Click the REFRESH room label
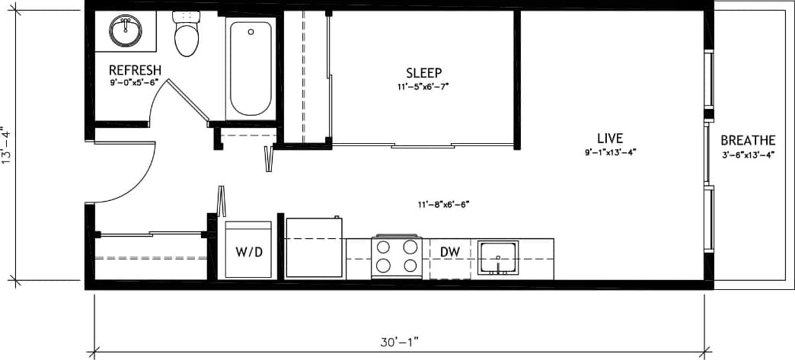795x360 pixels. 135,70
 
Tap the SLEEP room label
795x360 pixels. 423,73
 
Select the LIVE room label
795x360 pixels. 610,139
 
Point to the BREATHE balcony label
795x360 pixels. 748,141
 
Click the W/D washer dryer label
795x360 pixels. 248,252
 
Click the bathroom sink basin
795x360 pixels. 126,31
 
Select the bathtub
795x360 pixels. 249,68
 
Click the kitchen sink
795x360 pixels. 498,258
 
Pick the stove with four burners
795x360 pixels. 396,256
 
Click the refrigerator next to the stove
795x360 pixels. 314,248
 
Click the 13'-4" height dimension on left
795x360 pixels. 8,145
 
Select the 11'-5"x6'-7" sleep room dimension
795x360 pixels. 423,87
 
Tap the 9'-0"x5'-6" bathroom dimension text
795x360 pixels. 134,82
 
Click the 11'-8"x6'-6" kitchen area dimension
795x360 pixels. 443,204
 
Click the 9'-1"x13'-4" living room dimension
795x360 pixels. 610,151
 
